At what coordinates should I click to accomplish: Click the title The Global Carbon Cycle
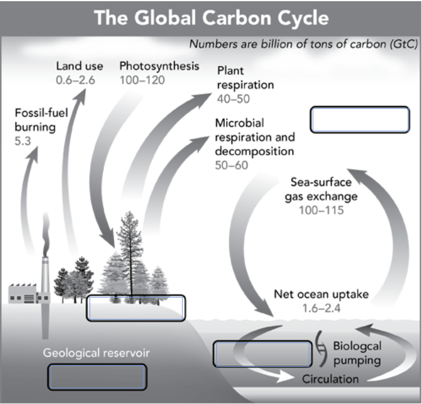pyautogui.click(x=211, y=17)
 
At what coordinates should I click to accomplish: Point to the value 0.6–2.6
pyautogui.click(x=75, y=80)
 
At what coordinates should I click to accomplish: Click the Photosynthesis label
pyautogui.click(x=159, y=66)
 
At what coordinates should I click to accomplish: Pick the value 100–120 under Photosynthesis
pyautogui.click(x=142, y=80)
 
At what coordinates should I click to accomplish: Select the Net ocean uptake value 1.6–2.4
pyautogui.click(x=321, y=308)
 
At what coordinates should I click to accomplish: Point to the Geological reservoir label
pyautogui.click(x=96, y=354)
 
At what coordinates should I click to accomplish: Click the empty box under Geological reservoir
pyautogui.click(x=97, y=376)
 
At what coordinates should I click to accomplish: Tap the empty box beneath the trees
pyautogui.click(x=135, y=308)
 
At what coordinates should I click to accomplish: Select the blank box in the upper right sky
pyautogui.click(x=359, y=120)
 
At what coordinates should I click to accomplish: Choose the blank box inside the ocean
pyautogui.click(x=262, y=354)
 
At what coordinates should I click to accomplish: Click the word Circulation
pyautogui.click(x=330, y=379)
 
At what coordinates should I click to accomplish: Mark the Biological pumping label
pyautogui.click(x=356, y=353)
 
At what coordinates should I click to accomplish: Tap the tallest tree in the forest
pyautogui.click(x=130, y=248)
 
